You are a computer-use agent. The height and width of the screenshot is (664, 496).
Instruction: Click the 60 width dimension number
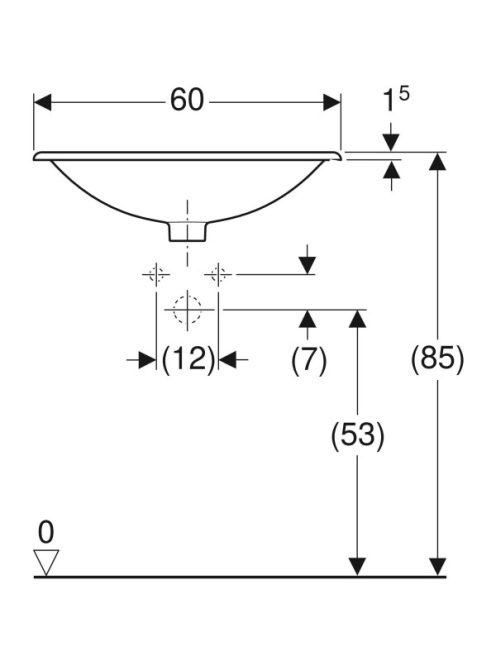(x=187, y=101)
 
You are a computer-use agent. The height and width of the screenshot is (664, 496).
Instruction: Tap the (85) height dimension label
(x=438, y=359)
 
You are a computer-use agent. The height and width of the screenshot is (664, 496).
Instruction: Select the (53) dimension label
(x=357, y=435)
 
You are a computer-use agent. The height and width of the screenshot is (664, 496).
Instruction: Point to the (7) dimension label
(x=309, y=360)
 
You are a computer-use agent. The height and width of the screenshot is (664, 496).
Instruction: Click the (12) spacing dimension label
(x=188, y=360)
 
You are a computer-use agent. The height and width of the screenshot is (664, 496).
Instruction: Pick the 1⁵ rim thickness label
(x=396, y=99)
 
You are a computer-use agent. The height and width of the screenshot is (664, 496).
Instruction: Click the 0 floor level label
(x=46, y=532)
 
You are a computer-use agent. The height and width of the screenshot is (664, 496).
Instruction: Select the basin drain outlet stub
(x=188, y=232)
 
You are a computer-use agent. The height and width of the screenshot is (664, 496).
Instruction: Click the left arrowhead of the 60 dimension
(x=43, y=102)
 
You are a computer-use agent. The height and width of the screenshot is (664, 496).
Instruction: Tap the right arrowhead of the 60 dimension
(x=332, y=102)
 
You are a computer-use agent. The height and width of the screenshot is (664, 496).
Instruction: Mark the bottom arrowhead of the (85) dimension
(x=437, y=567)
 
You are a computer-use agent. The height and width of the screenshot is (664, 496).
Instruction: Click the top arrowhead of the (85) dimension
(x=437, y=161)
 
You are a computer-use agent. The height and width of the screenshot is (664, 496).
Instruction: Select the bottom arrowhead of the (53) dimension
(x=357, y=567)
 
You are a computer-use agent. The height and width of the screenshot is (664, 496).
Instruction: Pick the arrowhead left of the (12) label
(x=147, y=360)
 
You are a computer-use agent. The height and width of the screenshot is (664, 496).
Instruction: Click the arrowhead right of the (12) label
(x=227, y=360)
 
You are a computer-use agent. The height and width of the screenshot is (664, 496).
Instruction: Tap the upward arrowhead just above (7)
(x=308, y=319)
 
